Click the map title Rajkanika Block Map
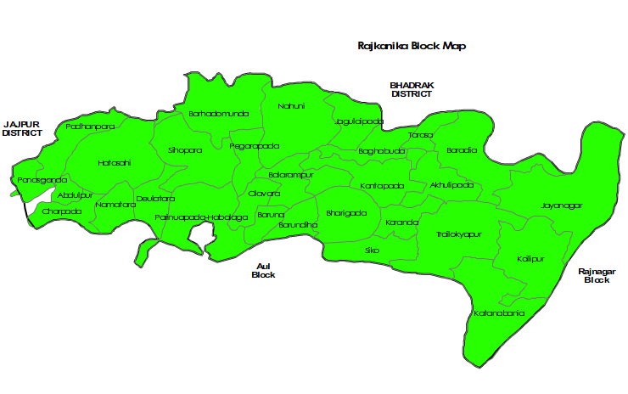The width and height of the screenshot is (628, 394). click(x=412, y=46)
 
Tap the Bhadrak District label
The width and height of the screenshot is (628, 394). click(x=411, y=89)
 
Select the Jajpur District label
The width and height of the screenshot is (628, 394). click(x=21, y=128)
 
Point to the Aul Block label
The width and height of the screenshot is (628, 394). click(x=263, y=271)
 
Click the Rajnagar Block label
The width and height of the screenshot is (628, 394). click(x=597, y=275)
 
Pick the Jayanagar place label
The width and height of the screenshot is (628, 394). click(x=561, y=205)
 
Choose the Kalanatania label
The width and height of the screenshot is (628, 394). click(x=499, y=313)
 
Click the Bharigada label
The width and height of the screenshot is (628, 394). click(x=346, y=212)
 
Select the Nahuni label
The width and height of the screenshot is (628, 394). click(x=291, y=106)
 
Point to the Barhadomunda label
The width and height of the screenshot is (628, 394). click(x=219, y=113)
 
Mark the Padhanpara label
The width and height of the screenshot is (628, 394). click(x=90, y=127)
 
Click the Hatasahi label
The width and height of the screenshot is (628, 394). click(x=115, y=162)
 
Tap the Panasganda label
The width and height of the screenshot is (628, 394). click(x=42, y=180)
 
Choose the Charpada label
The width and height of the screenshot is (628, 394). click(x=62, y=211)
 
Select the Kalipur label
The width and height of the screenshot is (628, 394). click(x=530, y=257)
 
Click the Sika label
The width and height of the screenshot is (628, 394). click(x=372, y=250)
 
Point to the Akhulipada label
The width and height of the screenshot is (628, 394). click(x=451, y=184)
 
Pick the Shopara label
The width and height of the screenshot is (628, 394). click(x=185, y=150)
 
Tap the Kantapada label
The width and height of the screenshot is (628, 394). click(x=382, y=185)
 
